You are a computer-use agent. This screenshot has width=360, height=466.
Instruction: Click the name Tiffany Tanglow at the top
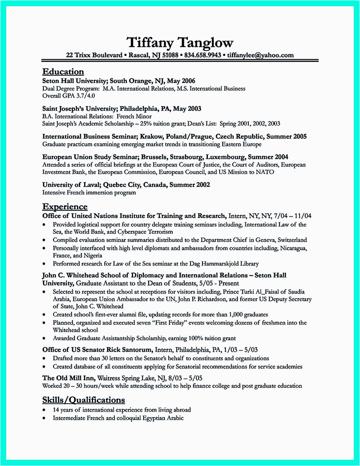click(x=180, y=42)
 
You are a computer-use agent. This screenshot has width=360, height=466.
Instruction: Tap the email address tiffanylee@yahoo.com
click(x=260, y=55)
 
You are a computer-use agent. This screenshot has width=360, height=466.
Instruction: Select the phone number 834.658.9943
click(x=202, y=55)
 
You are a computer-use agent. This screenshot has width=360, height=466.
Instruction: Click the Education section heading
click(x=63, y=71)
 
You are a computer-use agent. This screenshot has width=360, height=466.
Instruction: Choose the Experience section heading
click(x=65, y=206)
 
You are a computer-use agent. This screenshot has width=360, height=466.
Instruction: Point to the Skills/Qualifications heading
click(x=83, y=400)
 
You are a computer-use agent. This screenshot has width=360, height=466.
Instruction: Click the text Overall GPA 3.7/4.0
click(x=69, y=96)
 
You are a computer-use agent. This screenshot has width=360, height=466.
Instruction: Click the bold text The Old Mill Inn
click(x=68, y=378)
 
